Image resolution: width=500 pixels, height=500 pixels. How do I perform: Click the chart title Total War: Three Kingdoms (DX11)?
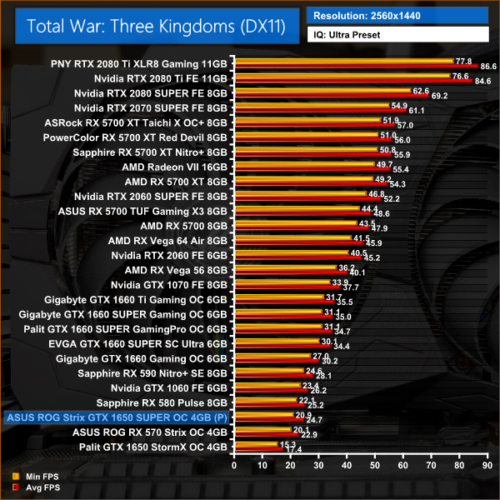click(156, 26)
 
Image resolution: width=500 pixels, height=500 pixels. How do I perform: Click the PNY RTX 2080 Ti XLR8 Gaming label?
click(138, 62)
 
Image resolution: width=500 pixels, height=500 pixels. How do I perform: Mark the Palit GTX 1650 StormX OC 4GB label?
click(150, 447)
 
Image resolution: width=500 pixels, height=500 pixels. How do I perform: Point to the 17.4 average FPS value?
click(294, 450)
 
